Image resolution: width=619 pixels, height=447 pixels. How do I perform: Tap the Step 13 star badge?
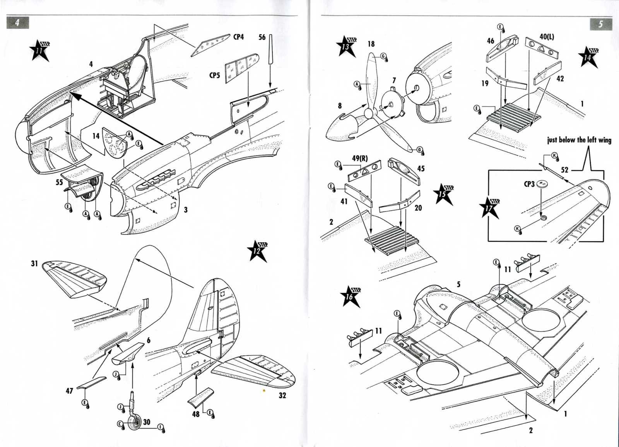346,46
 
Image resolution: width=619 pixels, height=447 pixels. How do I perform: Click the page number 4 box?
17,23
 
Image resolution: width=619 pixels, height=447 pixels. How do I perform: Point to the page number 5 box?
601,24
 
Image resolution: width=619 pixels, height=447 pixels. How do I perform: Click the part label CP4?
238,37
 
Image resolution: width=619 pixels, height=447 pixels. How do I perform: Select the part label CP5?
215,75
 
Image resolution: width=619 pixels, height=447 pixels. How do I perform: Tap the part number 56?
262,37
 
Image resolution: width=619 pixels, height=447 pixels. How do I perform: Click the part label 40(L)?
546,37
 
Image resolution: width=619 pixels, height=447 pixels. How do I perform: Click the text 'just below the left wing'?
579,140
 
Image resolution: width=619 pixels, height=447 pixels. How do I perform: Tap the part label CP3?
529,184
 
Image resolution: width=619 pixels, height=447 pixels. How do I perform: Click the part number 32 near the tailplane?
282,396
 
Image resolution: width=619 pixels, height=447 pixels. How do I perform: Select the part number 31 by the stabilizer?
34,263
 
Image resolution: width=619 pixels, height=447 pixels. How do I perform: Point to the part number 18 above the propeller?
371,44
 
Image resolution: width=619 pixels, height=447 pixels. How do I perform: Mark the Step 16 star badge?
351,297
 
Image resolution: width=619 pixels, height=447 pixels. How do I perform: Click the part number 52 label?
564,170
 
